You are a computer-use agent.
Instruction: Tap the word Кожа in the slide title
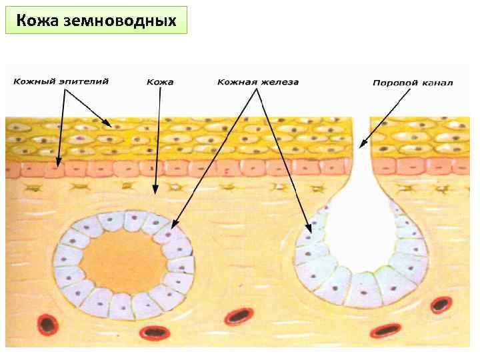coord(39,21)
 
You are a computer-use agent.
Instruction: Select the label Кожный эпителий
coord(61,81)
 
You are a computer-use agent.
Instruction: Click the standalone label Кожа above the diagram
coord(160,82)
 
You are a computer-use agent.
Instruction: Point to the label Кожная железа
coord(258,82)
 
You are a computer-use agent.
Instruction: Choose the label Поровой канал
coord(413,83)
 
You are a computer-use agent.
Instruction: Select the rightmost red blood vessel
coord(440,305)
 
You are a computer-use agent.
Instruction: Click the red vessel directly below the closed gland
coord(154,331)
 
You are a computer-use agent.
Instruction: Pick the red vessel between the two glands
coord(238,316)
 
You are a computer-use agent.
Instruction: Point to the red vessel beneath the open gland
coord(385,329)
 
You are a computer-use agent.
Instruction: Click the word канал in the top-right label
coord(438,83)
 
